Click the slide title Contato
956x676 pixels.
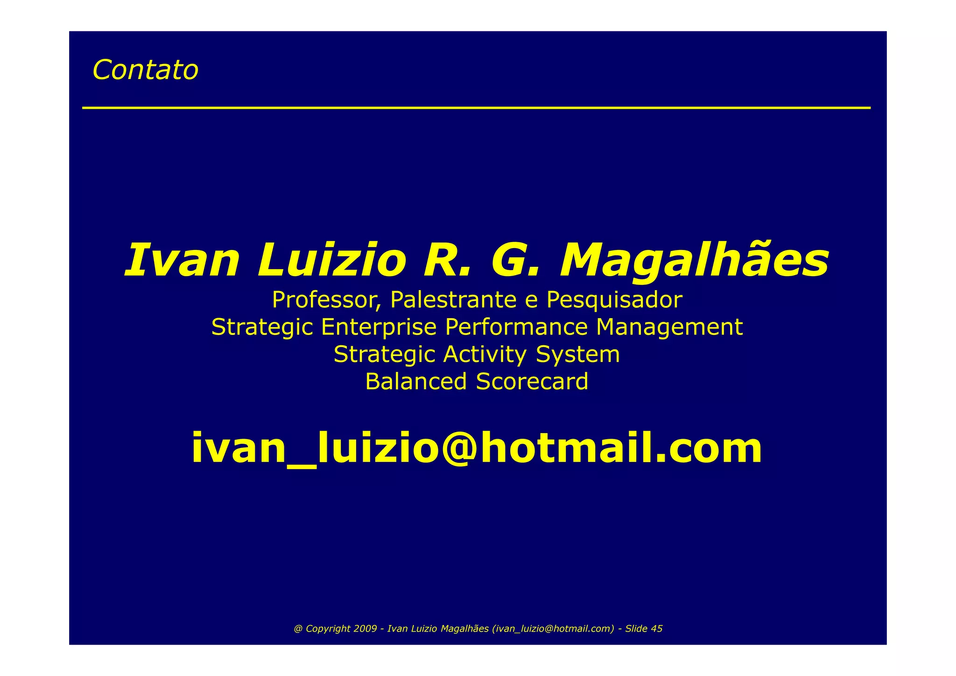pos(145,70)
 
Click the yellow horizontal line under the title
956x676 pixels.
pos(476,108)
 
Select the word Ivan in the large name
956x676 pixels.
pos(183,260)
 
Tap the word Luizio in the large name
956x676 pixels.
pos(331,260)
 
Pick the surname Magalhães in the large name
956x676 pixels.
pos(694,260)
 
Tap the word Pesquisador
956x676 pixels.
pos(614,300)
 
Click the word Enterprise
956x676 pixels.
pos(379,327)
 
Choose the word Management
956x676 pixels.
pos(669,327)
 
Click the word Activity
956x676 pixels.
pos(485,354)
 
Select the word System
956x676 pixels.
pos(578,354)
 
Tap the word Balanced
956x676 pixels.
pos(416,381)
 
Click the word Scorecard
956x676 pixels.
pos(532,381)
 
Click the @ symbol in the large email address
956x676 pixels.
pos(467,448)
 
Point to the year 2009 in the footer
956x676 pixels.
pos(365,629)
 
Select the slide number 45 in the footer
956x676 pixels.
pos(656,629)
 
